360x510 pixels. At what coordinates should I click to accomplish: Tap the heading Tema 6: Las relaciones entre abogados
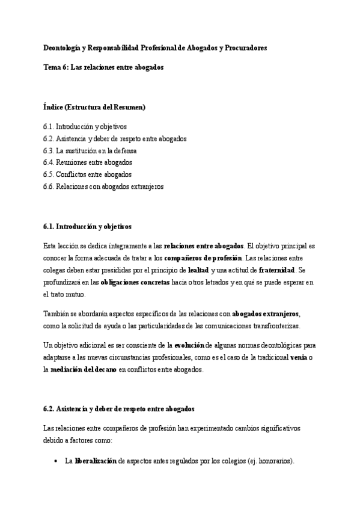pos(103,67)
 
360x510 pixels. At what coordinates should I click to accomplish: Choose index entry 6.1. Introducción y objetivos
pos(85,127)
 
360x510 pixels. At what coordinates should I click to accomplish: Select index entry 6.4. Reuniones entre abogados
pos(88,162)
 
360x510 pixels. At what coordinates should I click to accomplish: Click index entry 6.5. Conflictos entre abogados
pos(88,174)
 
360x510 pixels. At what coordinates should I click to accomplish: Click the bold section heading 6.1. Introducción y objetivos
pos(87,226)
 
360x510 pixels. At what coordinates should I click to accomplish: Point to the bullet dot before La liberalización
pos(55,462)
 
